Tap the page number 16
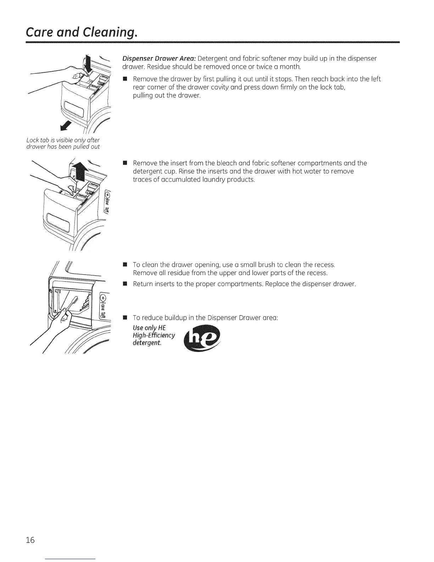coord(30,540)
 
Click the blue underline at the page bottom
coord(71,559)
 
